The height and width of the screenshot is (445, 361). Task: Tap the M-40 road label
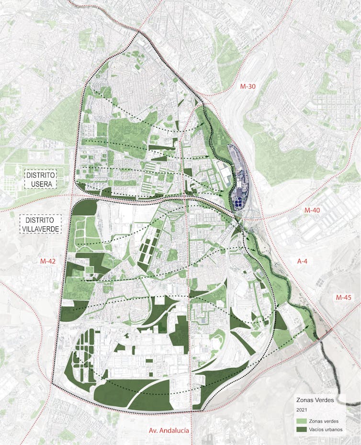(314, 210)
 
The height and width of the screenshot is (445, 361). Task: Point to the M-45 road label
(343, 297)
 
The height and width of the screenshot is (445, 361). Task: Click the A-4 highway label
(303, 261)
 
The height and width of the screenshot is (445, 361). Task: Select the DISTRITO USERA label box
(41, 178)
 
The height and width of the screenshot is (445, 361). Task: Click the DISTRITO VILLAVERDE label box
(41, 224)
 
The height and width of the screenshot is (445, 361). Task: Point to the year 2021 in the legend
(302, 410)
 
